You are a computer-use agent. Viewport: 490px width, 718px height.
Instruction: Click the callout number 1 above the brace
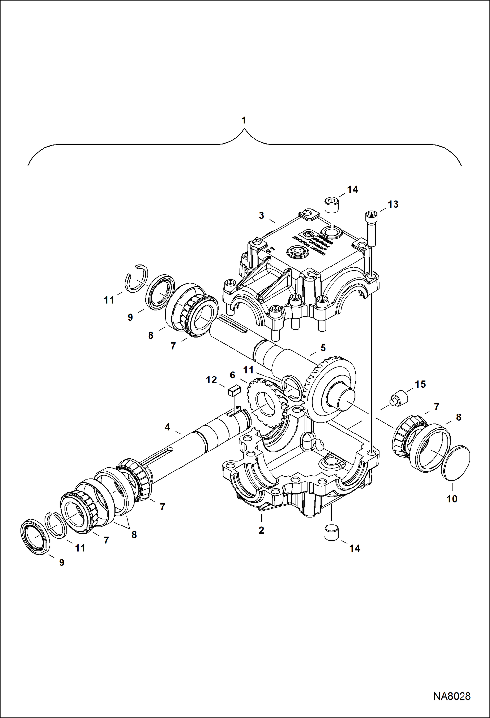tap(244, 120)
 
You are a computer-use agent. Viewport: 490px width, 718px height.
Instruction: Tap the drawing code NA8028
tap(452, 696)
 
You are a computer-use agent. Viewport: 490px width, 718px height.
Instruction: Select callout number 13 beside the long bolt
tap(393, 204)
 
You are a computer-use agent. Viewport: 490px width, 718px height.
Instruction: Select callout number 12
tap(211, 380)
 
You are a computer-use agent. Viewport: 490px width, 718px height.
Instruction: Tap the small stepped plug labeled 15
tap(399, 399)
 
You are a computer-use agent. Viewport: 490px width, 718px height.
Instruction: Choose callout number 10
tap(452, 499)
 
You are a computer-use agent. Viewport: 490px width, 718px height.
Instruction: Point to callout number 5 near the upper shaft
tap(323, 348)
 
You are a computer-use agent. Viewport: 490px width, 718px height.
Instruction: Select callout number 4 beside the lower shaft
tap(167, 427)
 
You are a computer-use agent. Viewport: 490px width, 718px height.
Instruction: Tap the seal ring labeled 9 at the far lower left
tap(35, 537)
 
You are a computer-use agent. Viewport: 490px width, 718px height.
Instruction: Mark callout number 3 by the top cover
tap(261, 216)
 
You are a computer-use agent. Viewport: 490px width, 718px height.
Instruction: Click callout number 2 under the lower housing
tap(261, 530)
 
